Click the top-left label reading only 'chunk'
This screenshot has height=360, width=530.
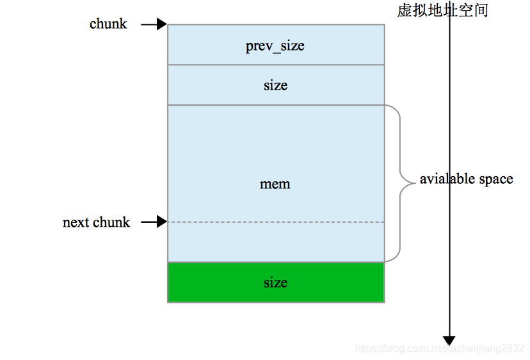point(108,24)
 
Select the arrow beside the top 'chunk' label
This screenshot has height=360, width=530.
point(154,24)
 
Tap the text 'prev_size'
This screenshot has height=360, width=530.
point(275,46)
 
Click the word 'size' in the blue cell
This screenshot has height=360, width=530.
point(275,85)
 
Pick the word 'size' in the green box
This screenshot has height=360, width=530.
point(275,282)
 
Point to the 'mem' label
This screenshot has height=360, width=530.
point(275,184)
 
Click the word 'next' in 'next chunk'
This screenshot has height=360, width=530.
point(76,223)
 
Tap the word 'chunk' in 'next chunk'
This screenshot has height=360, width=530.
point(111,223)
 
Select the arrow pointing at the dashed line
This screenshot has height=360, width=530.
point(154,222)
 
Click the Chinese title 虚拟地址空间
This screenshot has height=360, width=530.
point(442,10)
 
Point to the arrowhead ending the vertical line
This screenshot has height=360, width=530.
point(449,340)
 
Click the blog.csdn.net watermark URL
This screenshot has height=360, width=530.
point(440,348)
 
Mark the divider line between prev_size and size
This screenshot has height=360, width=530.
point(275,65)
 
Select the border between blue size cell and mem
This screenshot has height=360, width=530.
point(275,105)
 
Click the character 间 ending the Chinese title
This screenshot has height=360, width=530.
point(481,10)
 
